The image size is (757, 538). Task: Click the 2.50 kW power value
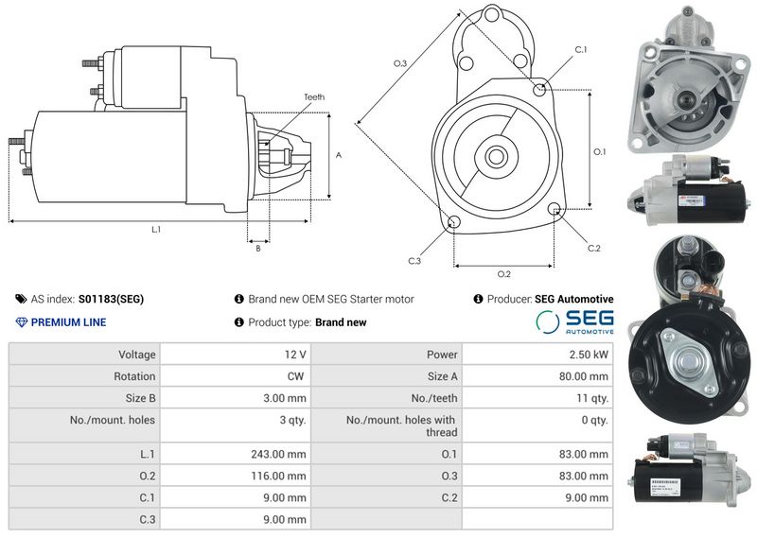(x=589, y=355)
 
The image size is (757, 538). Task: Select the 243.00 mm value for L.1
(x=278, y=454)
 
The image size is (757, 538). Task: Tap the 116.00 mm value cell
(x=278, y=476)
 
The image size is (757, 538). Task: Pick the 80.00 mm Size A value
(x=584, y=376)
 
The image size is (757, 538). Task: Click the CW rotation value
(x=295, y=376)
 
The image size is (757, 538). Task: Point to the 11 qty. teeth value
(x=592, y=398)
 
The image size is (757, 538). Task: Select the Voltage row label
(x=137, y=355)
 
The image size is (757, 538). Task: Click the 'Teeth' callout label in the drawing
(x=314, y=97)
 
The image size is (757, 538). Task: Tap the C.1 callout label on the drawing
(x=581, y=49)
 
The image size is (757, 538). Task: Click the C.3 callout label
(x=414, y=261)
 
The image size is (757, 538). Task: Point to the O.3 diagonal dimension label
(x=400, y=63)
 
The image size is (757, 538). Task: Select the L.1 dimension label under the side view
(x=156, y=230)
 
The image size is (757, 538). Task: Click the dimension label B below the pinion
(x=258, y=248)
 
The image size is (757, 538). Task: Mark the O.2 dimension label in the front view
(x=504, y=274)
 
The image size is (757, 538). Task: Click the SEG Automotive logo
(x=574, y=321)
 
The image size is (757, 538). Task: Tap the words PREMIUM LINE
(x=68, y=322)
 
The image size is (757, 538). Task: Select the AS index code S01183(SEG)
(x=111, y=299)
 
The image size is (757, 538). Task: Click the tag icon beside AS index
(x=21, y=299)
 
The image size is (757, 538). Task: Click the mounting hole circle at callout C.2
(x=555, y=208)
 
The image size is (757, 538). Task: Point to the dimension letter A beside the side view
(x=339, y=155)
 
